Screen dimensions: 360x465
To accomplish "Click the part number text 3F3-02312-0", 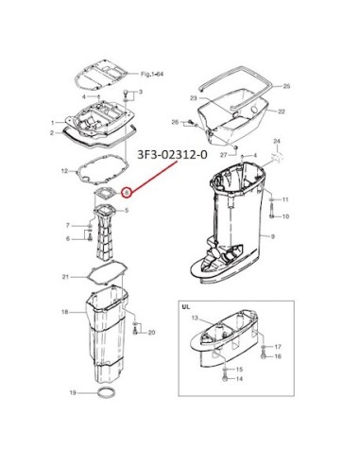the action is pos(173,155).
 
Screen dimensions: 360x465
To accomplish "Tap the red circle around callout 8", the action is pos(126,192).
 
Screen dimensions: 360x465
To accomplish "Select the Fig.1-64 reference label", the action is pos(152,75).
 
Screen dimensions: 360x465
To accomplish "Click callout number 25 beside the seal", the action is pos(286,86).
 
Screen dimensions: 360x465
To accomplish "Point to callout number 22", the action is pos(282,112).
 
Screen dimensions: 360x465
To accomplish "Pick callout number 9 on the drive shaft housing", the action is pos(273,236).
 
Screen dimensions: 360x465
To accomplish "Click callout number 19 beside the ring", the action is pos(73,393).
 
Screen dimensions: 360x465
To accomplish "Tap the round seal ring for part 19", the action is pos(106,393).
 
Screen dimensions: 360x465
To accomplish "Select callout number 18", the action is pos(64,312).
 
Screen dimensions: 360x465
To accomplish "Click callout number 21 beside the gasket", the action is pos(65,277).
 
